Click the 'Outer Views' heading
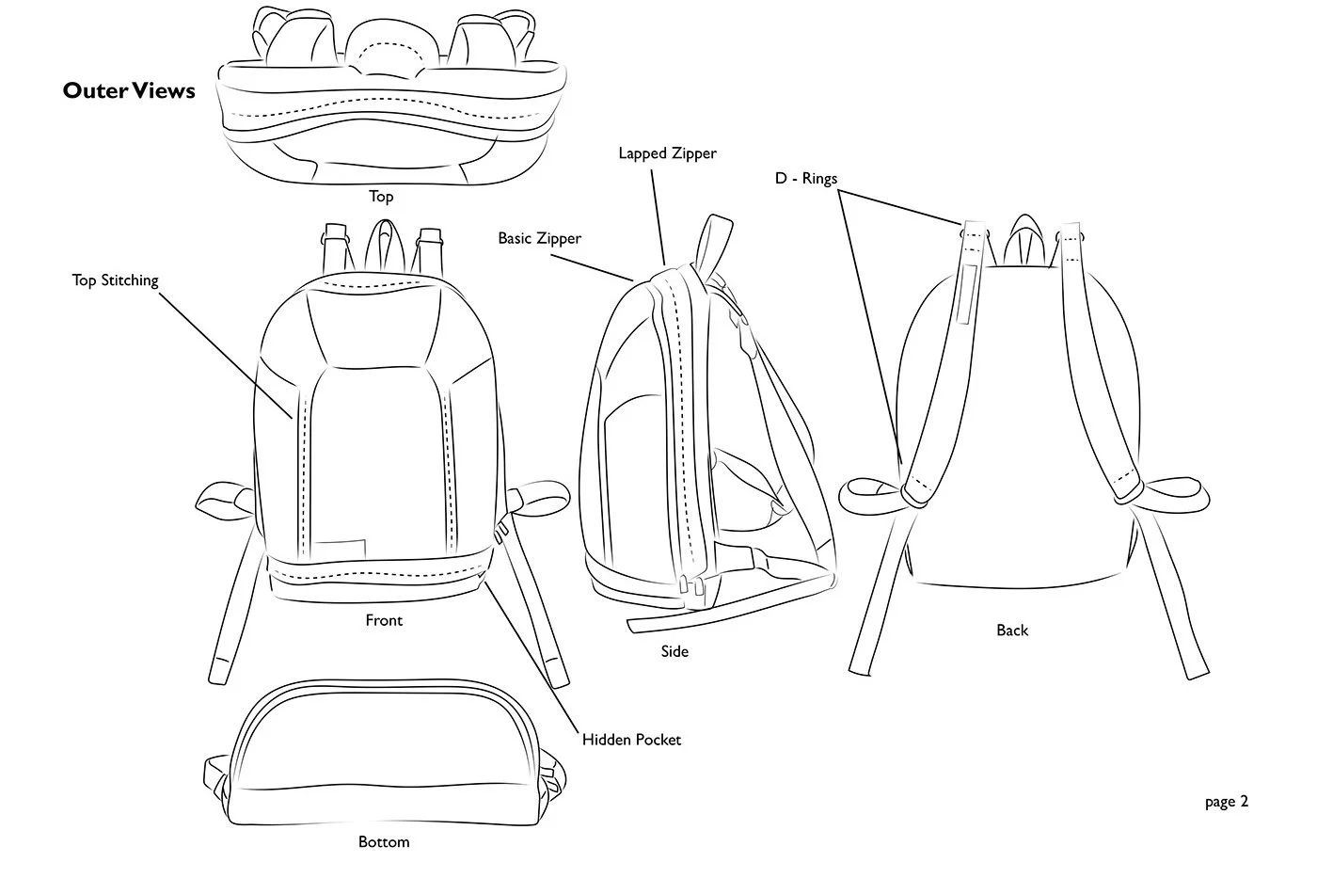pos(129,90)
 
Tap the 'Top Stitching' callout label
pos(115,280)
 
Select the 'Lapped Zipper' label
pos(667,153)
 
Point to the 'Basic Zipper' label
pos(539,239)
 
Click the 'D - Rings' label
pos(805,179)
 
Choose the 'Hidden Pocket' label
pos(631,740)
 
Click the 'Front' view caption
pos(384,620)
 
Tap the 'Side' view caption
pos(674,651)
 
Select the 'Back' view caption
pos(1012,631)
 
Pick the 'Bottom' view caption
pos(384,841)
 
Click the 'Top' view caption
pos(381,197)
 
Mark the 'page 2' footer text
pos(1227,802)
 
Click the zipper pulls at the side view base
pos(689,590)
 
